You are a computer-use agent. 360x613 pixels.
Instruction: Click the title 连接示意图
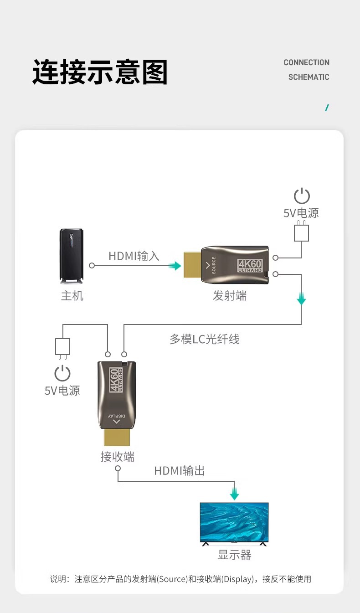[100, 72]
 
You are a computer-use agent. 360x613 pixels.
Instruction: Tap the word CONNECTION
[306, 62]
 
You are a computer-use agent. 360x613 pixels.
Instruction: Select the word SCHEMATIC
[309, 77]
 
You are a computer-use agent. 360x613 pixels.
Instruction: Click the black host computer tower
[72, 257]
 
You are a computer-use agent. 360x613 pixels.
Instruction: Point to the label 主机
[72, 296]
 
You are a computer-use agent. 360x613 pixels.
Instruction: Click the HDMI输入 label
[134, 256]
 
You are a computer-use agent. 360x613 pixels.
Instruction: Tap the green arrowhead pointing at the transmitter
[175, 266]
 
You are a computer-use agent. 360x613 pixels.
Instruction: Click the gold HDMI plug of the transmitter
[192, 265]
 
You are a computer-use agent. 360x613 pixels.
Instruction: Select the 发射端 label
[230, 296]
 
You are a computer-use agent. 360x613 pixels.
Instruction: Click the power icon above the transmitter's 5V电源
[302, 196]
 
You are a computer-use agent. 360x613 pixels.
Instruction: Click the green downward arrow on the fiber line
[301, 300]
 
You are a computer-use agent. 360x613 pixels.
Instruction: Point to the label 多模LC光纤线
[205, 339]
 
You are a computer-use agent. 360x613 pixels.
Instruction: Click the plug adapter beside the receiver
[62, 347]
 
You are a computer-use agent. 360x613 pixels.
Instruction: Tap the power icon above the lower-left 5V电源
[62, 373]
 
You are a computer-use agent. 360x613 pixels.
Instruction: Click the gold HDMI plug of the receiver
[117, 437]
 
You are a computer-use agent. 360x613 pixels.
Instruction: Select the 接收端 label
[118, 457]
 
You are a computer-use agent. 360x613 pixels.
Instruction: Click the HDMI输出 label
[180, 471]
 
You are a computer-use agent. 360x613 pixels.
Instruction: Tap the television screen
[234, 522]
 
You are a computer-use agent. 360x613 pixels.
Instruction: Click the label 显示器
[235, 555]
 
